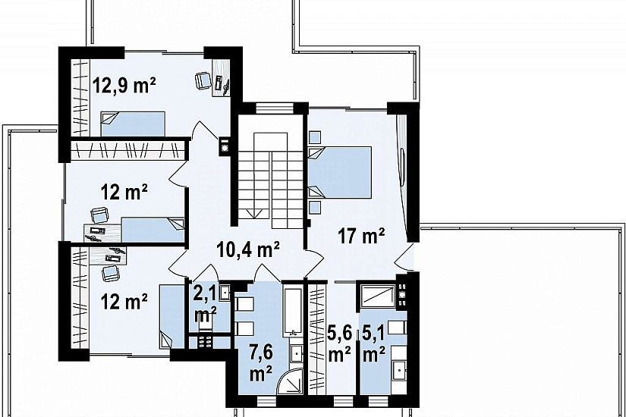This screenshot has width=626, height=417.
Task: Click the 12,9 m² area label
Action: click(124, 86)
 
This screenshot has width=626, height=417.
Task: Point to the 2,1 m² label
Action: click(205, 304)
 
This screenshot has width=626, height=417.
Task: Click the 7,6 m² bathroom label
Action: click(261, 363)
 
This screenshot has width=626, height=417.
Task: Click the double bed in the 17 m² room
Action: click(340, 172)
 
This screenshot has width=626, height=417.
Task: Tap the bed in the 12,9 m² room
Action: click(133, 124)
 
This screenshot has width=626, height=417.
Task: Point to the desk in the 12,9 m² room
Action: click(221, 77)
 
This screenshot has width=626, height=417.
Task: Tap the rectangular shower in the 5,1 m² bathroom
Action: click(378, 296)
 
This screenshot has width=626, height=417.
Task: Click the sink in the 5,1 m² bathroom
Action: click(399, 371)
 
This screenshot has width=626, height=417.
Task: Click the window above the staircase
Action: click(274, 108)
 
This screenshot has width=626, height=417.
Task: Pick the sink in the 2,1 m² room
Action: click(225, 293)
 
